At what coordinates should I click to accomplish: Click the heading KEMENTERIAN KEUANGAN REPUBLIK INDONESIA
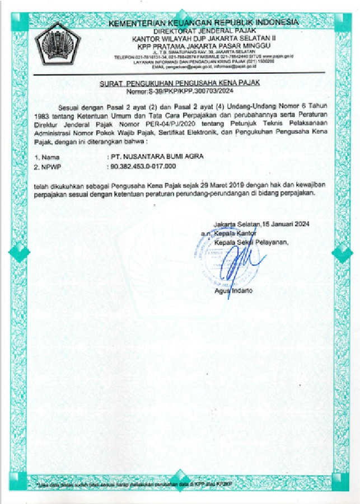click(203, 22)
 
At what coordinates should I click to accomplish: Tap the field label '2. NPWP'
click(48, 167)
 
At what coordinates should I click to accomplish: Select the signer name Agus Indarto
click(233, 291)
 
